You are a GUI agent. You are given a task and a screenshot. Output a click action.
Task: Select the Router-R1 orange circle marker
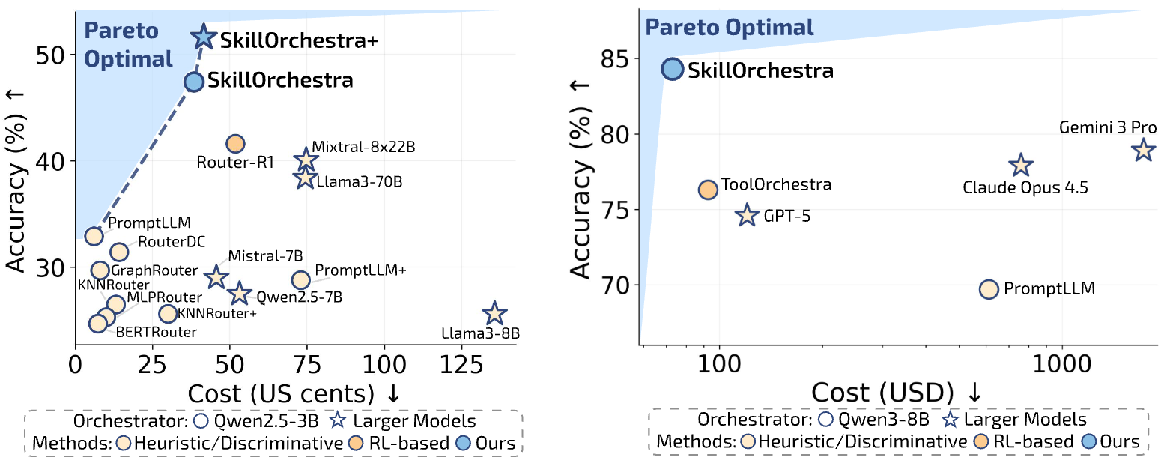[235, 143]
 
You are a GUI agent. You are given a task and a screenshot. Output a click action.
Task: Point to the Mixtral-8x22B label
[363, 147]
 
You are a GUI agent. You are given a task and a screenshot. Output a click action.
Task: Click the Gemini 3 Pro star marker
[1142, 150]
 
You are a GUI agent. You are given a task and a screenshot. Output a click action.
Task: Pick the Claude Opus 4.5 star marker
[1021, 166]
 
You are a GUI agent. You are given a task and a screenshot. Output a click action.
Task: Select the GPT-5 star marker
[746, 216]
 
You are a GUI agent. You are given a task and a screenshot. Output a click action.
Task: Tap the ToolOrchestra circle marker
[708, 190]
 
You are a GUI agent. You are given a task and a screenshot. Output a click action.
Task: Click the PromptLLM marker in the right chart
[989, 289]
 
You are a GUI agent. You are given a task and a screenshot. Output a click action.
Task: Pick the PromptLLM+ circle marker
[300, 279]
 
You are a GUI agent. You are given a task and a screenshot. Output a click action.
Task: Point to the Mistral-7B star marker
[216, 277]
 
